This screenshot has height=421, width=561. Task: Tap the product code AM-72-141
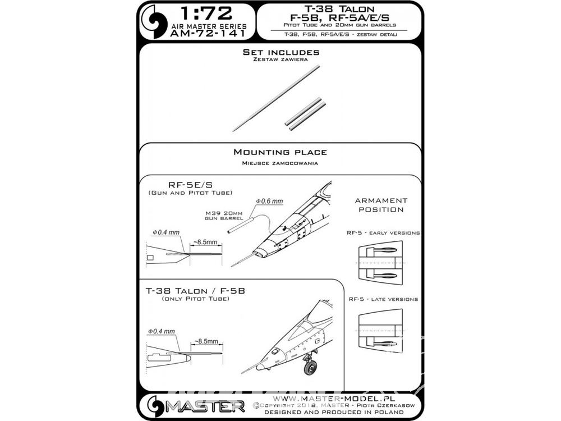click(208, 34)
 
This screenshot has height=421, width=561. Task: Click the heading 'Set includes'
click(280, 52)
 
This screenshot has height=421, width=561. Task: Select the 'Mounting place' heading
click(280, 152)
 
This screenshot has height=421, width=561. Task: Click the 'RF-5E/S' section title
click(190, 185)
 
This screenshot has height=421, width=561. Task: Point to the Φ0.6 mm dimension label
click(269, 201)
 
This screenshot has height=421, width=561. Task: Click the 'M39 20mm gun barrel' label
click(224, 216)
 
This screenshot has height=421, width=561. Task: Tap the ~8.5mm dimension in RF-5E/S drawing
click(205, 242)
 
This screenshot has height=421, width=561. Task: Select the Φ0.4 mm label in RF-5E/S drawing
click(166, 232)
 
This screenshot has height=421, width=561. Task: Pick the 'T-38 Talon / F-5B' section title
click(195, 291)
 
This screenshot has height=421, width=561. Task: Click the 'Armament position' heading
click(381, 205)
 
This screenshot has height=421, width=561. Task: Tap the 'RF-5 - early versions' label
click(383, 233)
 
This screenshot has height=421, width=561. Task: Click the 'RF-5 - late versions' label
click(383, 299)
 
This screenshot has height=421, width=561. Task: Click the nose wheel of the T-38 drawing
click(310, 367)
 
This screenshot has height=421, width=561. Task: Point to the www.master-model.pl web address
click(334, 399)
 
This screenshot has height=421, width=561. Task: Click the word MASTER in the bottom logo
click(205, 406)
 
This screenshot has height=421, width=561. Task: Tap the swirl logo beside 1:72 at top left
click(154, 21)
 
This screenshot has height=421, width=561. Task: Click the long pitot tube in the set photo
click(276, 98)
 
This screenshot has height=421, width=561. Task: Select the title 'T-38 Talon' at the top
click(339, 8)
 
